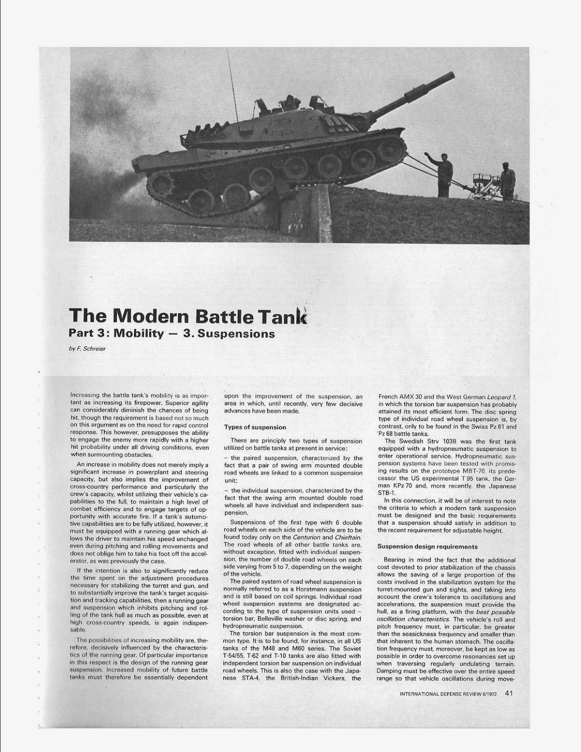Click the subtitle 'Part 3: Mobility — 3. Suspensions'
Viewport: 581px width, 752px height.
pos(171,334)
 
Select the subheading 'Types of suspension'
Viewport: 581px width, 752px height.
pos(255,427)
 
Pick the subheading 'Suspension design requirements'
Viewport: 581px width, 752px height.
pos(427,547)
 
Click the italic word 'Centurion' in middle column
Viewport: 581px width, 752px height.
pos(306,537)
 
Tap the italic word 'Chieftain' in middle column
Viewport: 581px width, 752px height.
pos(348,537)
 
